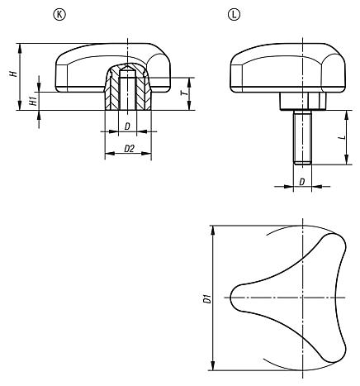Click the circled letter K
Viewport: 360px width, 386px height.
[x=59, y=15]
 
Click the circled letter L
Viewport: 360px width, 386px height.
[x=234, y=15]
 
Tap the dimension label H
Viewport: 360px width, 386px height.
[x=13, y=74]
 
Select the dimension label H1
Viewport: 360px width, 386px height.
[x=33, y=101]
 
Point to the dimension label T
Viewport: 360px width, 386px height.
[x=186, y=93]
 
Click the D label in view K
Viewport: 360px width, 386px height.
[x=127, y=126]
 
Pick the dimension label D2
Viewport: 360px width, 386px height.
[x=129, y=149]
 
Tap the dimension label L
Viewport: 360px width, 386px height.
[x=343, y=137]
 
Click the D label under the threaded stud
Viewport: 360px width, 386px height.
[x=302, y=182]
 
